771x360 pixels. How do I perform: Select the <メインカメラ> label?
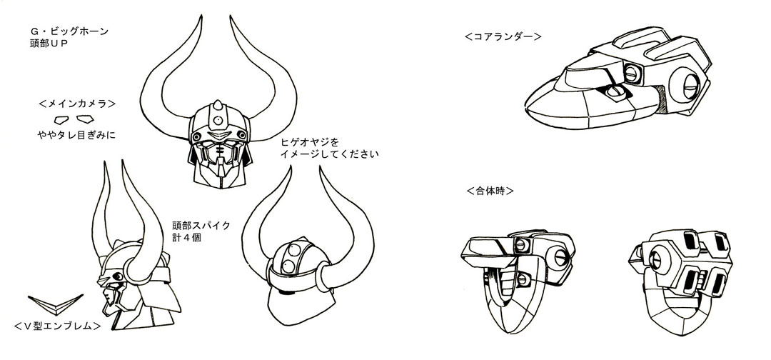click(78, 101)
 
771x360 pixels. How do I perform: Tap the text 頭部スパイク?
click(201, 224)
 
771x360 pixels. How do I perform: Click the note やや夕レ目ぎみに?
click(79, 134)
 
